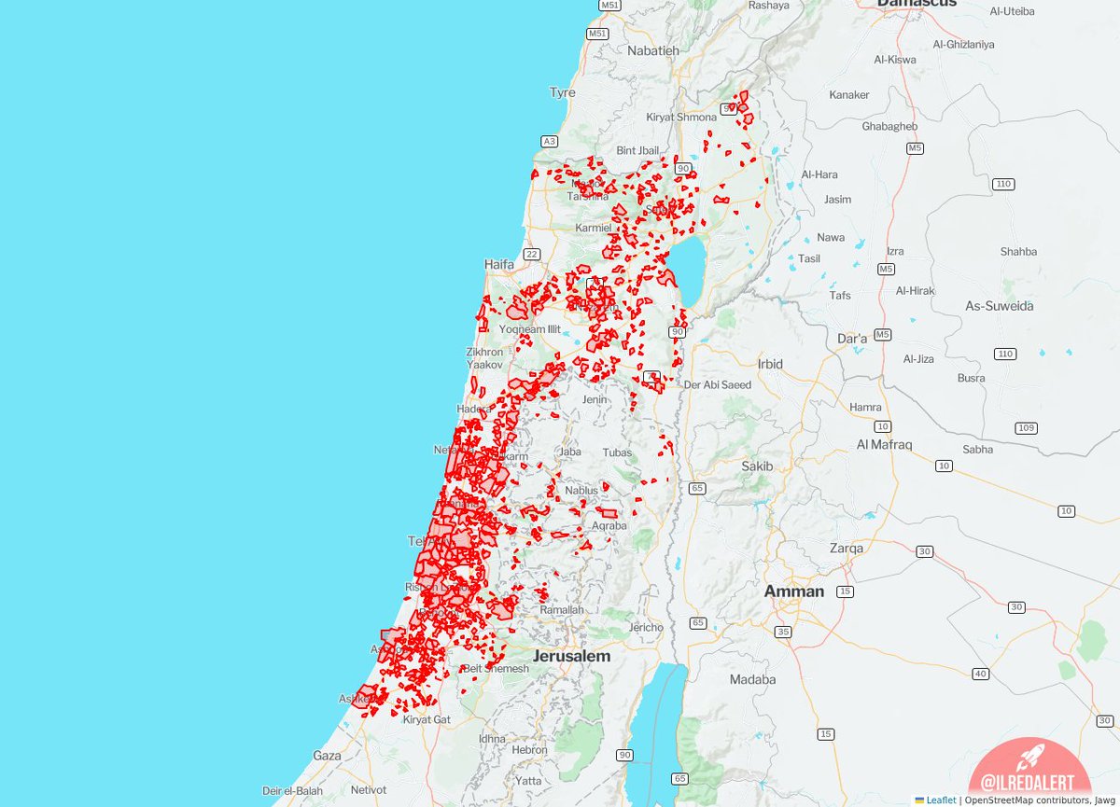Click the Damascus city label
917,4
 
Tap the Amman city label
794,591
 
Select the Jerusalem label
571,656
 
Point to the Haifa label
499,264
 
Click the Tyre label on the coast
563,92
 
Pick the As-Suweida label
1000,306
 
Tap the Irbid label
770,363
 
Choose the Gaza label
327,755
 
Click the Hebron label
529,749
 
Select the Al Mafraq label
884,445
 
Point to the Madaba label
752,679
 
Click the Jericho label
646,627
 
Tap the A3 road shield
549,141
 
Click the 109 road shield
1027,427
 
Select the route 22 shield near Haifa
533,254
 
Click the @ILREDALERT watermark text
1022,784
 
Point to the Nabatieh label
653,50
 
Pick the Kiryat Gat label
427,719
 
